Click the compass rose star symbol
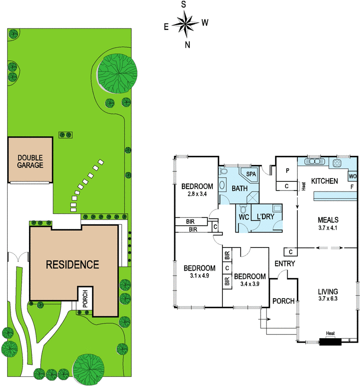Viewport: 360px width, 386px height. click(x=184, y=23)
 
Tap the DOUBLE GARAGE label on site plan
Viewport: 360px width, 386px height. click(x=30, y=161)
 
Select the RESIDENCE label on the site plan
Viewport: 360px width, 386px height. click(x=72, y=264)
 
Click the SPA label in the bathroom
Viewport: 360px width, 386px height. click(x=251, y=174)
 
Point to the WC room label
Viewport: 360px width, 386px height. click(x=243, y=217)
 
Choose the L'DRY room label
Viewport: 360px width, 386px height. click(x=265, y=217)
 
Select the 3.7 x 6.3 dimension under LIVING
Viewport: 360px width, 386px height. click(x=328, y=300)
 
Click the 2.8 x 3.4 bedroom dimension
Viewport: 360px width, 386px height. click(x=197, y=194)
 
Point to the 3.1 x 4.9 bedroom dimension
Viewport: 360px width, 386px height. click(x=199, y=276)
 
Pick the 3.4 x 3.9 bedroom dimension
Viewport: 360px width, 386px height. click(x=249, y=284)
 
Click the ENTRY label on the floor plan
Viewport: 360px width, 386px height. click(x=284, y=263)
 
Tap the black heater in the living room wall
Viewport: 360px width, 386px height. click(x=330, y=342)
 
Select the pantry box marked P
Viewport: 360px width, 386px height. click(x=287, y=171)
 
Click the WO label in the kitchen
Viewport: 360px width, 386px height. click(x=353, y=176)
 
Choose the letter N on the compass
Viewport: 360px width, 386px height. click(x=188, y=45)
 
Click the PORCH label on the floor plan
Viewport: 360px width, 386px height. click(x=283, y=301)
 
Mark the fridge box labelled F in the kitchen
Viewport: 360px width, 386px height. click(x=352, y=186)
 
